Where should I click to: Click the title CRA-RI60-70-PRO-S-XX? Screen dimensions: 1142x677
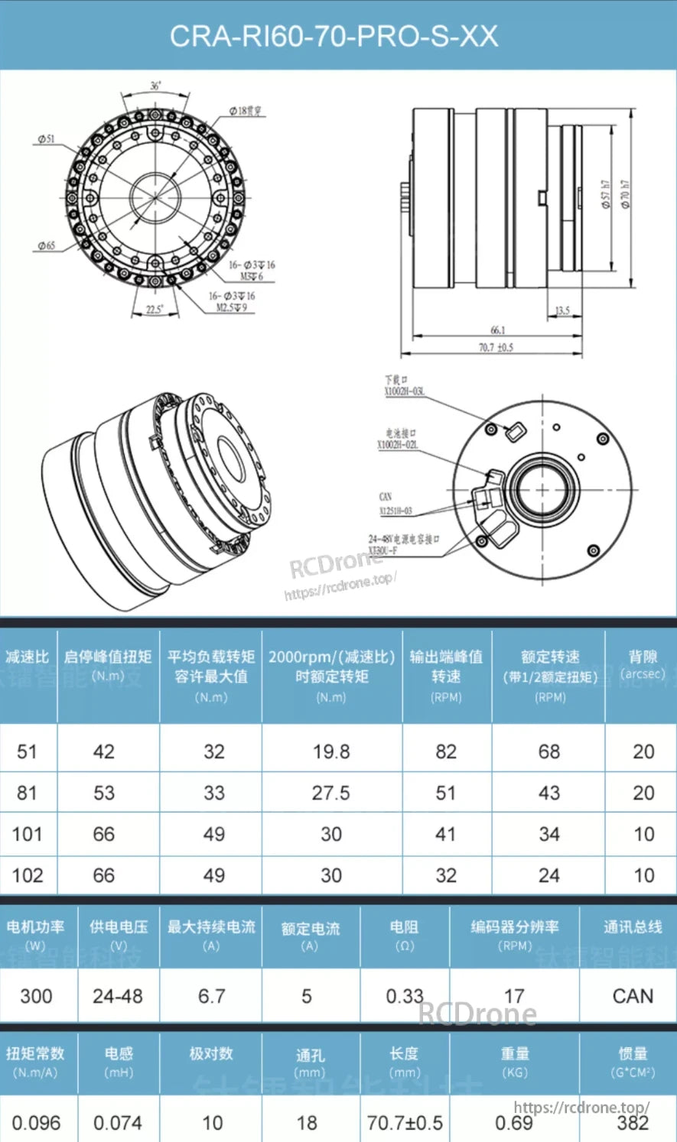point(334,36)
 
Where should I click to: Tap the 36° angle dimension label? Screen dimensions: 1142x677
point(155,86)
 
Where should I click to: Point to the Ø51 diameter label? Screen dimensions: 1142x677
point(46,139)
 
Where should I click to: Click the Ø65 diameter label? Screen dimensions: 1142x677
point(46,246)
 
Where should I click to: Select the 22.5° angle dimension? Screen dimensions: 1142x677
point(155,310)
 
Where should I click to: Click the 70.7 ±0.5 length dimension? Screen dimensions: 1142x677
point(496,347)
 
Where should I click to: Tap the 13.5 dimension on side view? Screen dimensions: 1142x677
point(562,311)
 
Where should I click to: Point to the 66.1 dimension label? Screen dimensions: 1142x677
point(497,330)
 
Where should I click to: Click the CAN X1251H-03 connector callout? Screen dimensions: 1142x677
point(395,504)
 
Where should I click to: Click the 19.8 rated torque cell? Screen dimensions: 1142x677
point(331,752)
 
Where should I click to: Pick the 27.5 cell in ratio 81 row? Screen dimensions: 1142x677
point(331,793)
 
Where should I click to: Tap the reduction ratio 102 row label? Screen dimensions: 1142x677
point(28,875)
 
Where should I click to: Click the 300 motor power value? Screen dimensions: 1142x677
point(36,996)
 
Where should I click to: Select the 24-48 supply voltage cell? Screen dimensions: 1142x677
point(118,996)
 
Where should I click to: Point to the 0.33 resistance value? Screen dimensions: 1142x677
point(404,996)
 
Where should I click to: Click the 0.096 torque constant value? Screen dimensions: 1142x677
point(36,1123)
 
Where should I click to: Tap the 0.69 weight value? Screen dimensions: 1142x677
point(514,1123)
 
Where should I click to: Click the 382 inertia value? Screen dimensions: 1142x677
point(633,1123)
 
